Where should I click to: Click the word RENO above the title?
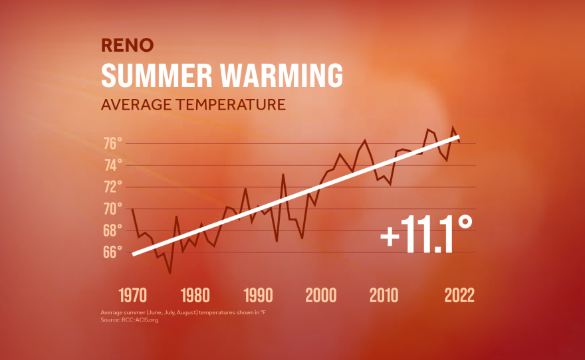[x=128, y=45]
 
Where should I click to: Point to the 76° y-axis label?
[x=112, y=143]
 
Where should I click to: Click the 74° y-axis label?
[x=112, y=165]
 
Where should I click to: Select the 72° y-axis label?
[x=112, y=187]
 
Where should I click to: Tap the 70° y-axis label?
[x=112, y=209]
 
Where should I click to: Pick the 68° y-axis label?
[x=112, y=230]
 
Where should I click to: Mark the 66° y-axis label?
[x=112, y=252]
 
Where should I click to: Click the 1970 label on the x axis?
[x=133, y=296]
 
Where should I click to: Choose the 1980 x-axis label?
[x=195, y=296]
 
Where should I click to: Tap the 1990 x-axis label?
[x=258, y=296]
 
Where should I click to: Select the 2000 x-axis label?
[x=321, y=296]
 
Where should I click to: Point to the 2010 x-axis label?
[x=384, y=296]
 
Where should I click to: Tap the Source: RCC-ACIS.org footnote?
[x=130, y=320]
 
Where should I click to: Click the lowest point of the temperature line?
[x=170, y=273]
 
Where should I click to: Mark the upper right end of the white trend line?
[x=459, y=136]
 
